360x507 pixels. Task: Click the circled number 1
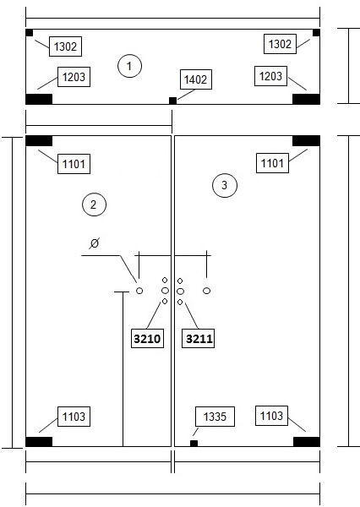click(x=129, y=66)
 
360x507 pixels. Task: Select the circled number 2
click(x=94, y=204)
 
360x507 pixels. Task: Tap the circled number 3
click(x=225, y=186)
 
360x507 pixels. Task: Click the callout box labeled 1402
click(x=196, y=79)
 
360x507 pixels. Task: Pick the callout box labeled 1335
click(x=215, y=417)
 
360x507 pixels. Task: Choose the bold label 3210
click(x=147, y=339)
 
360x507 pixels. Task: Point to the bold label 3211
click(x=199, y=339)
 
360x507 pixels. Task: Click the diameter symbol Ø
click(x=94, y=243)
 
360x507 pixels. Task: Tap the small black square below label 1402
click(x=172, y=101)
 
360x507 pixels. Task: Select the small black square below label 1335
click(x=194, y=444)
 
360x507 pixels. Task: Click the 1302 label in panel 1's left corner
click(x=65, y=46)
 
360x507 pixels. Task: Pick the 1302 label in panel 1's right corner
click(x=280, y=44)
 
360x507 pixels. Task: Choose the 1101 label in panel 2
click(x=74, y=164)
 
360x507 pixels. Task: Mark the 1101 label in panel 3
click(x=272, y=163)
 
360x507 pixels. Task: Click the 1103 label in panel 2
click(x=74, y=417)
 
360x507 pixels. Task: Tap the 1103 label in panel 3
click(x=271, y=416)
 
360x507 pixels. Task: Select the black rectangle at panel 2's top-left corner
click(x=39, y=141)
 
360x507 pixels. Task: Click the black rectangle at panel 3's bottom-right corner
click(x=307, y=442)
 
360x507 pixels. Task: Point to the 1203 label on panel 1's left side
click(x=74, y=77)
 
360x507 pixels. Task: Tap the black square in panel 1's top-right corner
click(x=316, y=33)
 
